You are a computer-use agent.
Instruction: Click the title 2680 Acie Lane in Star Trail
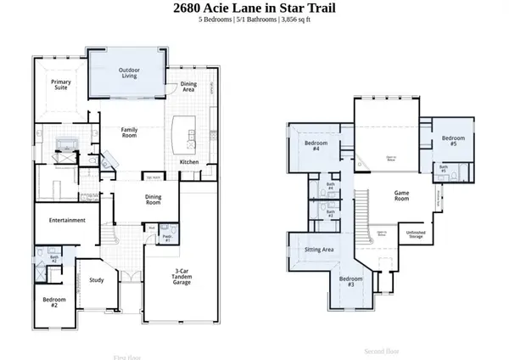pyautogui.click(x=255, y=8)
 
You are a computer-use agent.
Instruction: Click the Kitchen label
pyautogui.click(x=189, y=162)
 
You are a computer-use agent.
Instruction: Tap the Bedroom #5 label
pyautogui.click(x=455, y=140)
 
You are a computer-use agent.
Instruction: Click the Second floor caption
pyautogui.click(x=381, y=350)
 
